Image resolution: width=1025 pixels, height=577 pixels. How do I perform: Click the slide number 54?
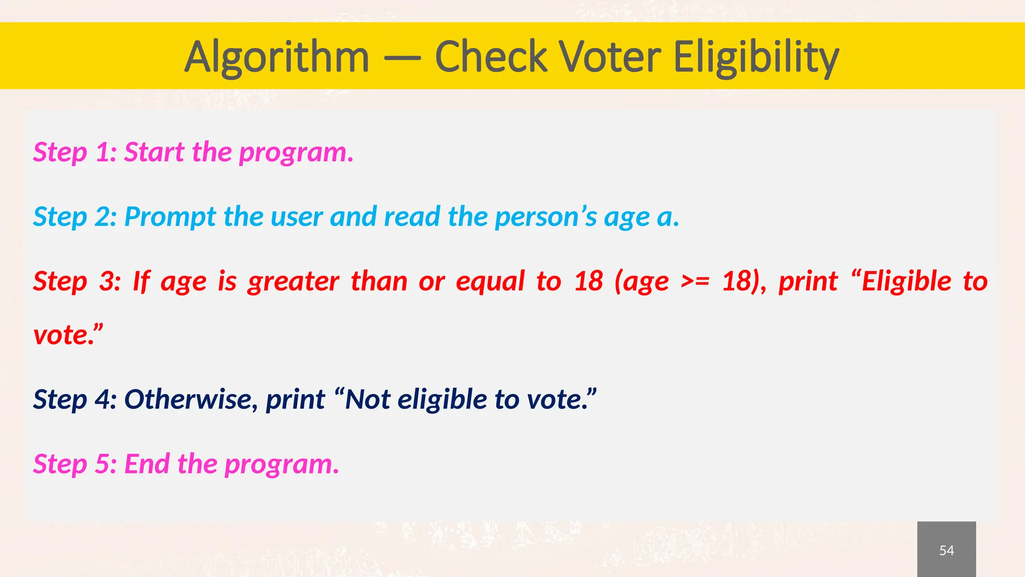[x=946, y=550]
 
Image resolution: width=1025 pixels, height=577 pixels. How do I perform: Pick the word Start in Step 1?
[x=154, y=152]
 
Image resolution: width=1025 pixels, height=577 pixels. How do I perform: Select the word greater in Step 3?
[x=293, y=281]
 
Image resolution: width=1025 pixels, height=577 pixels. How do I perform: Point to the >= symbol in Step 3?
[x=695, y=281]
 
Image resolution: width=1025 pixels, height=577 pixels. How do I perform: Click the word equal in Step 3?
[x=490, y=281]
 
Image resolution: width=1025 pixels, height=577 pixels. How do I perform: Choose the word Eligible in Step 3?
[x=906, y=281]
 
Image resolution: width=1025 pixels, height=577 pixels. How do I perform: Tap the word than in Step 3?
[x=378, y=281]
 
